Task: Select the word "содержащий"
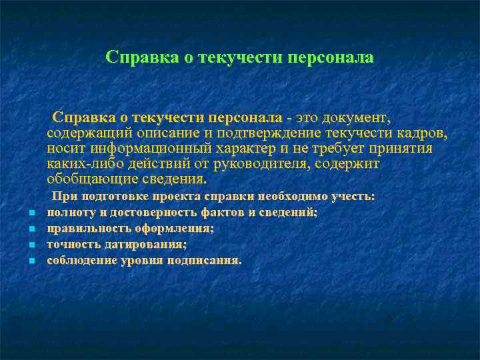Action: click(x=85, y=134)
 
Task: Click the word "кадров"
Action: click(x=424, y=134)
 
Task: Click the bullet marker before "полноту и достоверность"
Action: click(x=32, y=214)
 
